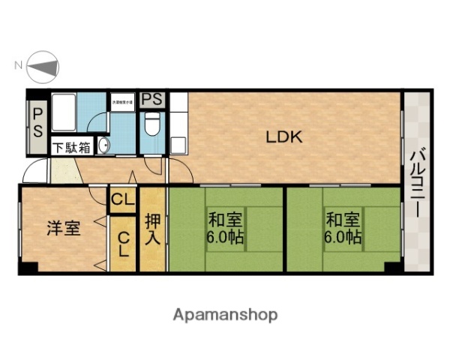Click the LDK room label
(284, 137)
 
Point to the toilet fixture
(151, 123)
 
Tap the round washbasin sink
(103, 146)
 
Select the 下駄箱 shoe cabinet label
(71, 148)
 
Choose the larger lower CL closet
(124, 244)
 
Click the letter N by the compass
(17, 66)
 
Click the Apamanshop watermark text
(225, 314)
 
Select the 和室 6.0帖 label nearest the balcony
(343, 229)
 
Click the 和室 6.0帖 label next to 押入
(226, 229)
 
